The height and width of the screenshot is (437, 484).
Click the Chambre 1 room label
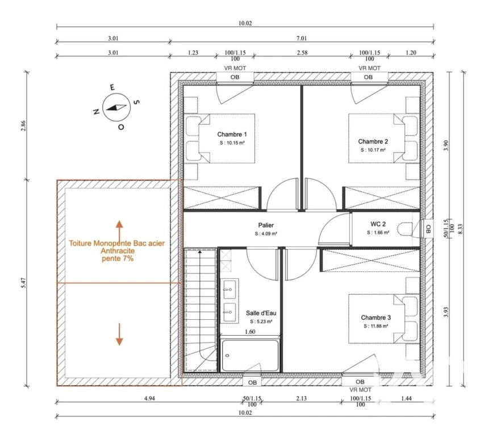tap(232, 134)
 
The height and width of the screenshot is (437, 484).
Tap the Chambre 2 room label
tap(373, 141)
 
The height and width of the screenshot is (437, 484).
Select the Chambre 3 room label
tap(375, 318)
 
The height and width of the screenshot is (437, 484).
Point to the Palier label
tap(266, 225)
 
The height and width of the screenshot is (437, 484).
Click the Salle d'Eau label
tap(261, 313)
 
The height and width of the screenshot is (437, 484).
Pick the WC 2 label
tap(378, 224)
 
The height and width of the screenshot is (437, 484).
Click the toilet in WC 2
tap(405, 229)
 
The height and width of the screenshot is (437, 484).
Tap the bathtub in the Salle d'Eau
tap(251, 356)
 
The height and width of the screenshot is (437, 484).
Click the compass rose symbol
tap(116, 108)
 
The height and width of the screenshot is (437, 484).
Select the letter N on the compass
tap(96, 112)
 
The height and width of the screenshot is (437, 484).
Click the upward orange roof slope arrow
tap(119, 229)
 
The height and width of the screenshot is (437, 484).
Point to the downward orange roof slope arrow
tap(119, 335)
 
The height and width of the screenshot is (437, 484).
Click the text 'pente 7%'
tap(118, 258)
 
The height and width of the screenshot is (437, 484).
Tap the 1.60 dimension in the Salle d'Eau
tap(250, 332)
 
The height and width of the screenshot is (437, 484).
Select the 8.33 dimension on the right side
tap(461, 229)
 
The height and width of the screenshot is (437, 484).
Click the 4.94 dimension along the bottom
tap(149, 398)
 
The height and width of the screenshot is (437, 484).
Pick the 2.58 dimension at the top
tap(302, 52)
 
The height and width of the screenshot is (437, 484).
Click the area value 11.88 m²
tap(375, 326)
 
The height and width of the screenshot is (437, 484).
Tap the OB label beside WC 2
tap(428, 229)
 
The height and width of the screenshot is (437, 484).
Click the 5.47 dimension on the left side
tap(24, 283)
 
